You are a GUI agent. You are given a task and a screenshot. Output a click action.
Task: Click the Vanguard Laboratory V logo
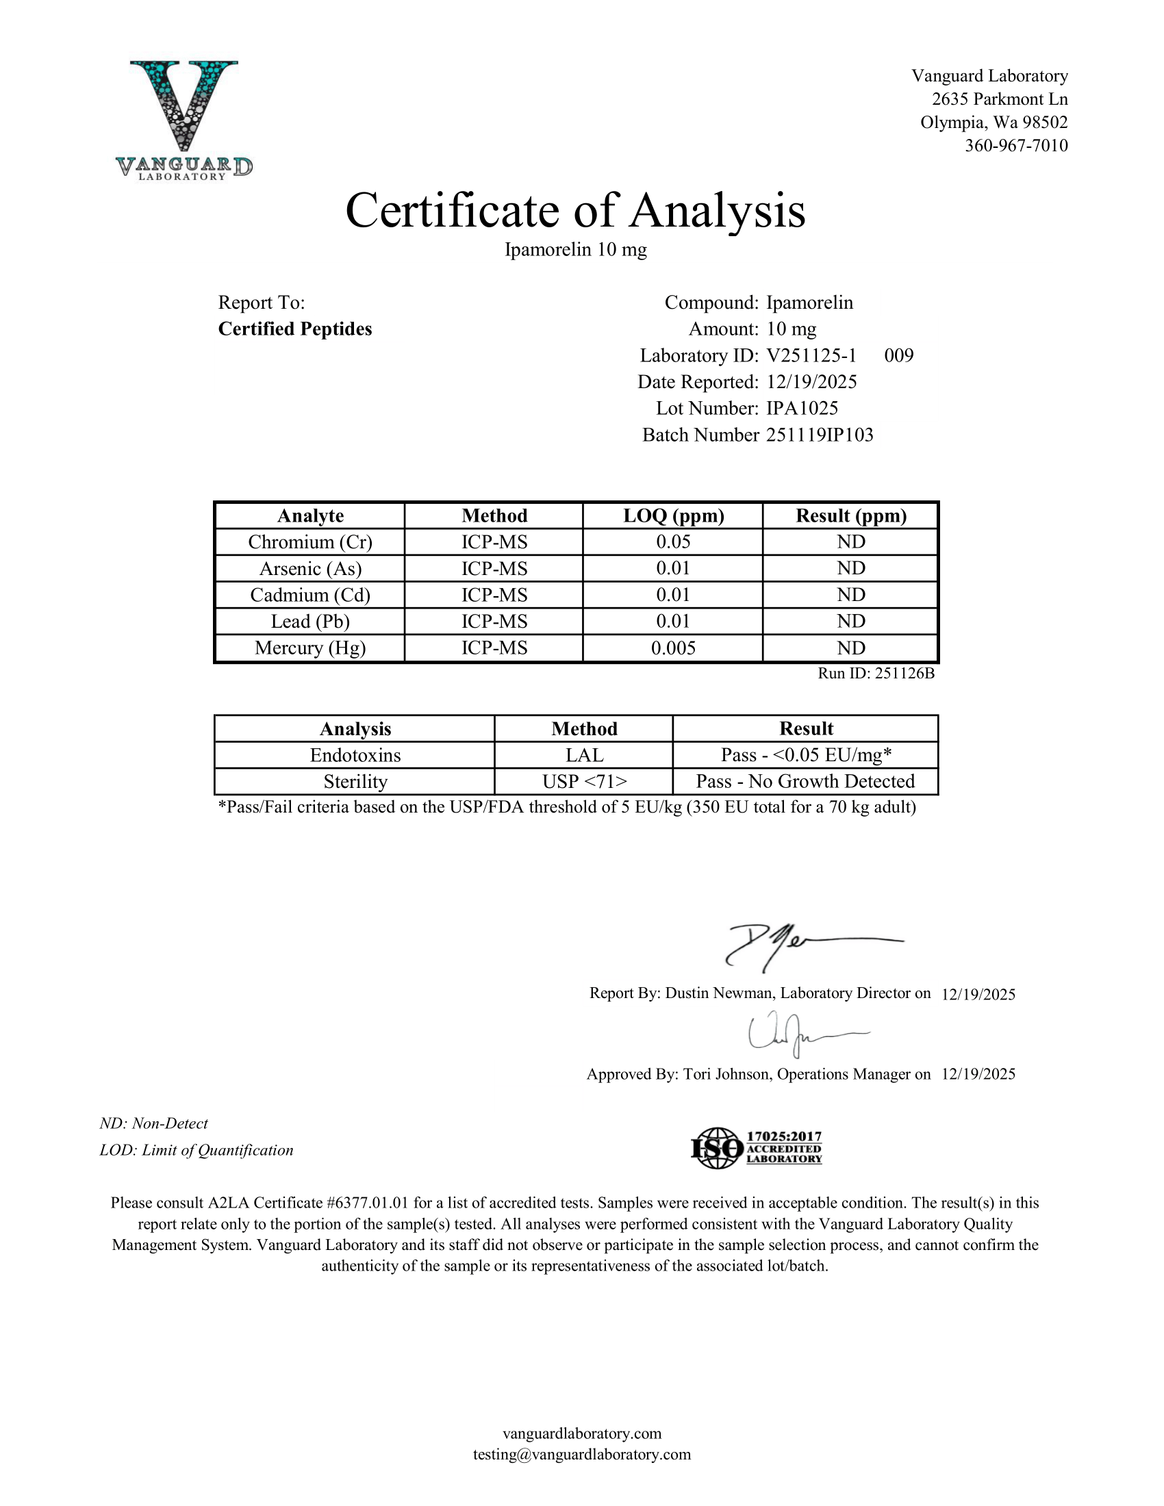pos(184,118)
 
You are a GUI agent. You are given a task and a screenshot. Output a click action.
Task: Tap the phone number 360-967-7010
pos(1015,146)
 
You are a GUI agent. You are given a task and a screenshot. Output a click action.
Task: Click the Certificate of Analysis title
pos(575,210)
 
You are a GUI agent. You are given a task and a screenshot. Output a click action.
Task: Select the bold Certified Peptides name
pos(295,329)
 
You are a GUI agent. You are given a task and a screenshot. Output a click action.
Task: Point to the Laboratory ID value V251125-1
pos(811,356)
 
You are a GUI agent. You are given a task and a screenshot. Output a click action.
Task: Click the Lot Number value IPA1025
pos(802,408)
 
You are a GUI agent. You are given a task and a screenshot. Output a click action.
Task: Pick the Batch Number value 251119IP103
pos(820,435)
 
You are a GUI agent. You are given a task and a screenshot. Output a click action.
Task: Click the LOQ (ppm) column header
pos(673,515)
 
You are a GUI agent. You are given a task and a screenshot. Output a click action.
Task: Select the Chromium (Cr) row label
pos(310,542)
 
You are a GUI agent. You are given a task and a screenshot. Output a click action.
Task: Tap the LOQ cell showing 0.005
pos(673,648)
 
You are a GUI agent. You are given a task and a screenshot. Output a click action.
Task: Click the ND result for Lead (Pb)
pos(851,622)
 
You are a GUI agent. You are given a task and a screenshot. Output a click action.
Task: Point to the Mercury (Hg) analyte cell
pos(310,648)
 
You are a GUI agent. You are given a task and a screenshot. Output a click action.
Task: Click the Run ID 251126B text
pos(876,674)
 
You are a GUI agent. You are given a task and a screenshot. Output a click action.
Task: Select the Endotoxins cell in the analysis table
pos(355,755)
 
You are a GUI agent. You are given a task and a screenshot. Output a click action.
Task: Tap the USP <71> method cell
pos(584,781)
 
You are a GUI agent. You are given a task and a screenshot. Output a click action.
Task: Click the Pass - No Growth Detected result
pos(805,781)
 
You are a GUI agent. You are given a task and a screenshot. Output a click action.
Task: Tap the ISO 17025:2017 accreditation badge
pos(757,1148)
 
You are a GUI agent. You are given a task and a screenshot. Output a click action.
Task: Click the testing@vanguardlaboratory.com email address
pos(582,1454)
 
